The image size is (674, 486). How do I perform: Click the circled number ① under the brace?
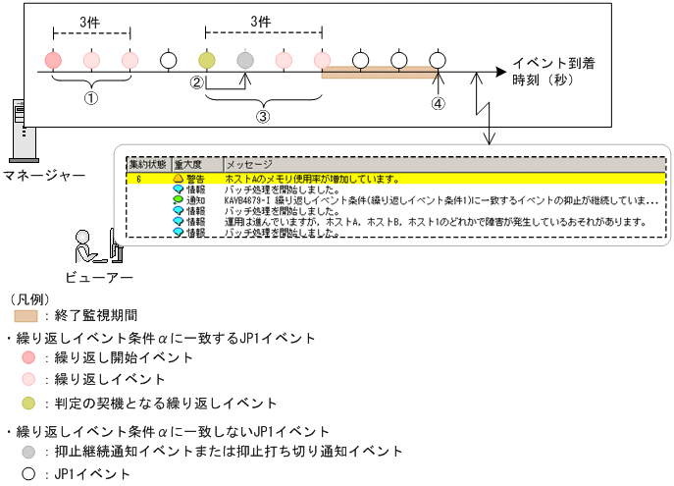coord(90,98)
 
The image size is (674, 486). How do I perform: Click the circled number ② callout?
coord(197,84)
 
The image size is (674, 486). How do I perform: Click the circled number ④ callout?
coord(438,102)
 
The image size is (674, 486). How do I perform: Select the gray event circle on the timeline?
coord(245,61)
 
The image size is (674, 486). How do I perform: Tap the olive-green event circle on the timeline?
coord(206,61)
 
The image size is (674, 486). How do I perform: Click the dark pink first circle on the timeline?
coord(53,61)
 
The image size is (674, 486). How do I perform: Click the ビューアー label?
coord(97,276)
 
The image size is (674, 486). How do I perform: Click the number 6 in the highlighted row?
coord(139,179)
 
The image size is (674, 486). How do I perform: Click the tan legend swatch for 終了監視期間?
coord(26,316)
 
